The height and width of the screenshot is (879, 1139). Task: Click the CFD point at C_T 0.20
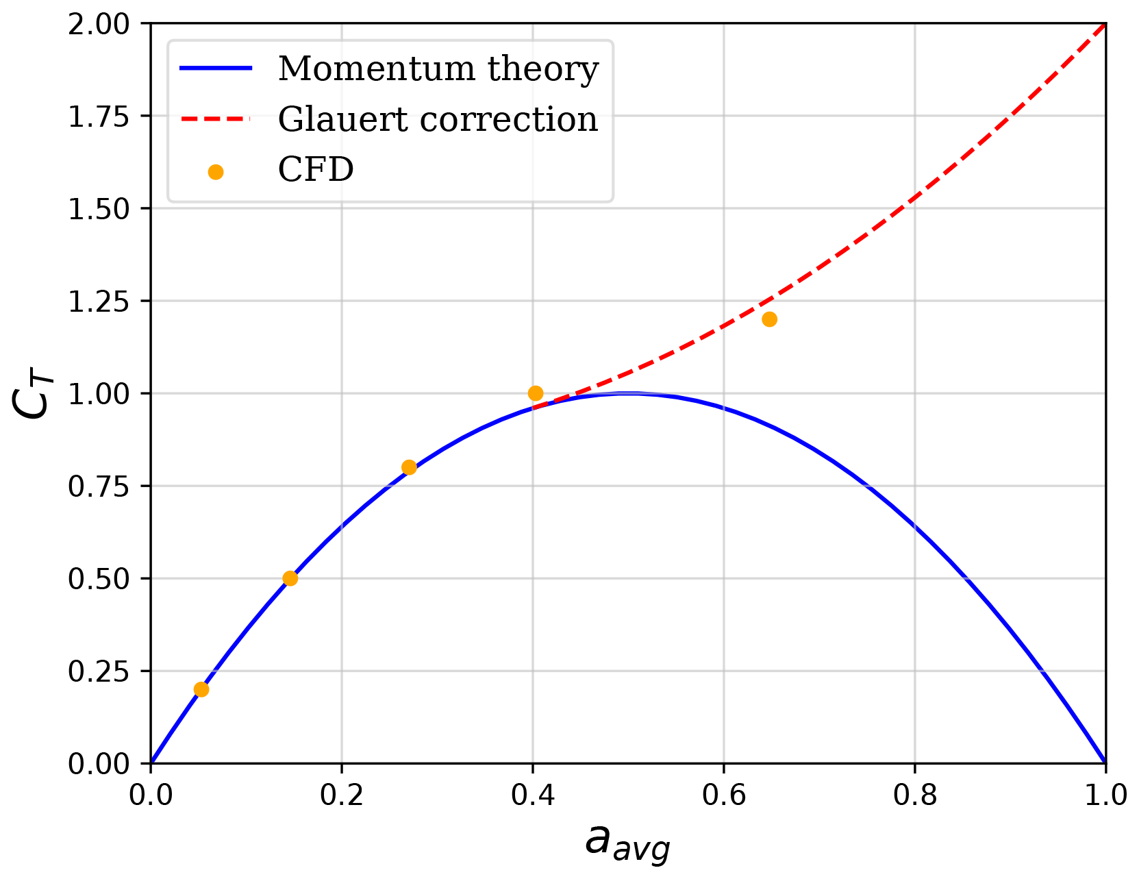201,689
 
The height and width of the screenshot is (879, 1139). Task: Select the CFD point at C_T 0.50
290,578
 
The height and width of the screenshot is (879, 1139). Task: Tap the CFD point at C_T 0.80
409,467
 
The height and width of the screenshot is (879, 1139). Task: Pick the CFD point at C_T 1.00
536,393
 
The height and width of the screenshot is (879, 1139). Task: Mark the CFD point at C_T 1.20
769,319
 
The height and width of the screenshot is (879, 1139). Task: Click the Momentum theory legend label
438,69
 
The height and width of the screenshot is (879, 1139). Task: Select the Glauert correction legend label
438,120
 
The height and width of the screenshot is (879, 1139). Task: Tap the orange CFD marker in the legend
216,172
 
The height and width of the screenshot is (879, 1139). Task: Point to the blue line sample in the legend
216,69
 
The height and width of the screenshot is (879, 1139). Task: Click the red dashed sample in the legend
216,119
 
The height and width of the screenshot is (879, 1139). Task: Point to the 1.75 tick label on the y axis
99,116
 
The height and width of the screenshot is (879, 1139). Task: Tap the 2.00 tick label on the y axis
99,25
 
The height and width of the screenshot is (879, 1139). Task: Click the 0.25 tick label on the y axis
99,671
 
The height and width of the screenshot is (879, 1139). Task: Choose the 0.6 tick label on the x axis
723,795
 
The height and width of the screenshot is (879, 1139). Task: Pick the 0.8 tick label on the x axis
914,795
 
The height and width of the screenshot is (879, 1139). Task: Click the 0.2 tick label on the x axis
341,795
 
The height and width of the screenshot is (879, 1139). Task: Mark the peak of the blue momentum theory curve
628,393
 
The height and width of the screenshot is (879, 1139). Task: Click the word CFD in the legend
316,170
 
